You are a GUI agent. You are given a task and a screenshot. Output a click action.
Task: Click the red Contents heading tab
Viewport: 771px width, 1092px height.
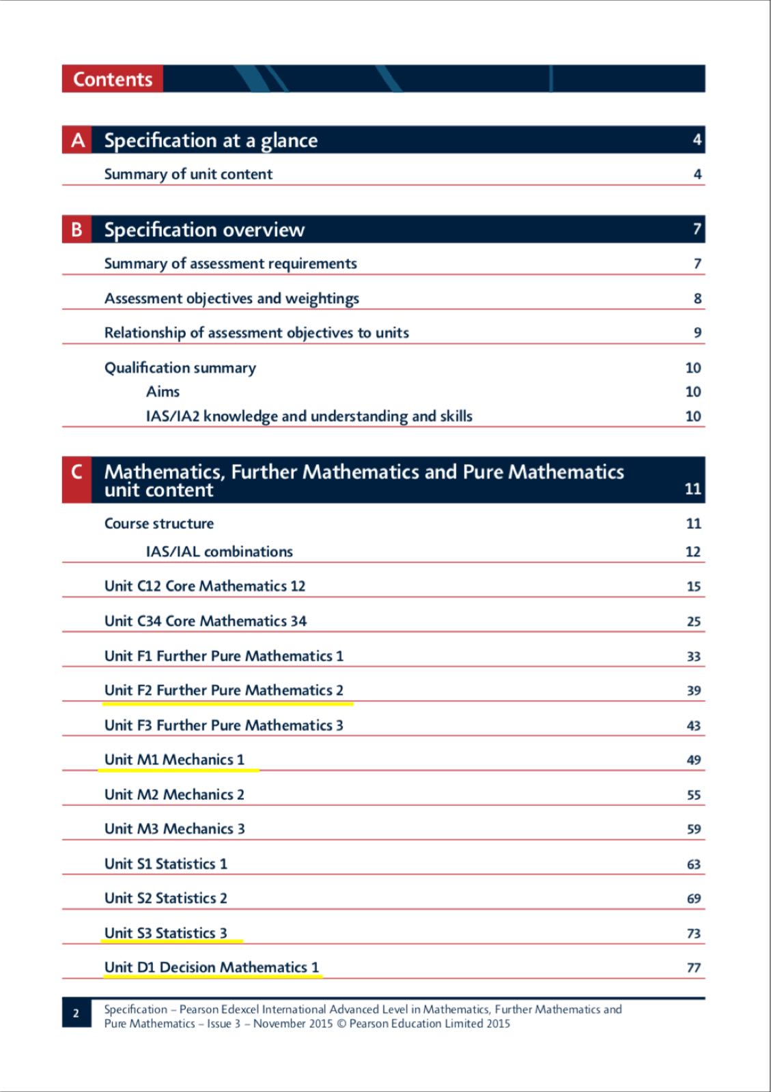coord(113,79)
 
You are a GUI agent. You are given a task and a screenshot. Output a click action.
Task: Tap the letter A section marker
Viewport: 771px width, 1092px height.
coord(77,140)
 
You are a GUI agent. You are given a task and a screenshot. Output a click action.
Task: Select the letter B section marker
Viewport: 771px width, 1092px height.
coord(77,229)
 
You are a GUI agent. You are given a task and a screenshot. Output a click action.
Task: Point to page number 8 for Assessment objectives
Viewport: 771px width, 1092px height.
coord(697,298)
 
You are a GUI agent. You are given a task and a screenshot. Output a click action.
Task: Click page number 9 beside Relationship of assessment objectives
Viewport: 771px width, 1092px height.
coord(697,333)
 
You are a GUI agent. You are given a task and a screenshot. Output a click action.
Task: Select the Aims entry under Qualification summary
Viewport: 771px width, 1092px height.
coord(163,392)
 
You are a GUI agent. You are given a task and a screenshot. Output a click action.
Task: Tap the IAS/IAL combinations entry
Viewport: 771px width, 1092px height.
coord(219,551)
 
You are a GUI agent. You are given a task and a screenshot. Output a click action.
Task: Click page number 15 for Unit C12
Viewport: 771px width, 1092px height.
coord(693,586)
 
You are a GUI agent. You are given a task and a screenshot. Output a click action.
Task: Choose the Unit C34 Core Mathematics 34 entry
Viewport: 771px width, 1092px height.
coord(206,621)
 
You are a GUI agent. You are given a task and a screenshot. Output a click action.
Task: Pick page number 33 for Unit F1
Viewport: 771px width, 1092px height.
coord(693,657)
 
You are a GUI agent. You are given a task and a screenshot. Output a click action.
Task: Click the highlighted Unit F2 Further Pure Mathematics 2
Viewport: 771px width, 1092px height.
coord(224,691)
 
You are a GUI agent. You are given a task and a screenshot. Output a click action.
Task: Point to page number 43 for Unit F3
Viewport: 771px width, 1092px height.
coord(693,725)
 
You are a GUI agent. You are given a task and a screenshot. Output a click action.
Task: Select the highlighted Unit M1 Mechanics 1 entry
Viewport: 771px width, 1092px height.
coord(174,760)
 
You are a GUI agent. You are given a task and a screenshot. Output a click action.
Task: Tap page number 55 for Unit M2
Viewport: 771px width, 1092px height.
coord(693,795)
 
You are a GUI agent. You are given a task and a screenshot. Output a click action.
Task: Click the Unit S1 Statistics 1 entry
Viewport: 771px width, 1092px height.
coord(166,864)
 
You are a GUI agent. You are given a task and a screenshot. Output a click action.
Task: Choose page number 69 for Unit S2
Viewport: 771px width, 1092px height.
coord(693,899)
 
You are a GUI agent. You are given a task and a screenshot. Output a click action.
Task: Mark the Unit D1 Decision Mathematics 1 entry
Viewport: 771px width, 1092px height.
coord(212,967)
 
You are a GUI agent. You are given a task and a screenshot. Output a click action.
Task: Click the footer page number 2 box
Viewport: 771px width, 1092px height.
coord(76,1014)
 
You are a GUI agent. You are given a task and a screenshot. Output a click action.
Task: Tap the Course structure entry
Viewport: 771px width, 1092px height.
coord(159,523)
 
